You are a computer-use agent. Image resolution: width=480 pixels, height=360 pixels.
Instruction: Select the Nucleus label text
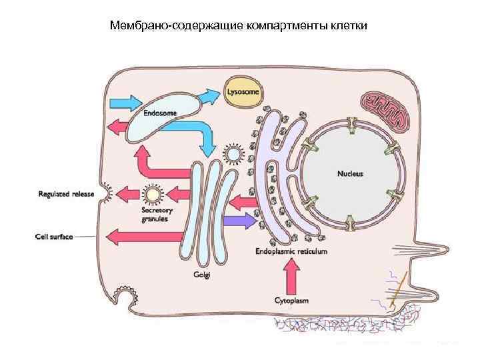point(350,173)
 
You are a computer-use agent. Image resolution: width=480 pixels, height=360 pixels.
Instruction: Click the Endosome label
point(161,113)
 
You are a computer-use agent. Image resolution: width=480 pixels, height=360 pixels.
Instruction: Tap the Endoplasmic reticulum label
point(291,252)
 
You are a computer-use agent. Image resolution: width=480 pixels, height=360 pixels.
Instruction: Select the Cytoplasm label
point(292,300)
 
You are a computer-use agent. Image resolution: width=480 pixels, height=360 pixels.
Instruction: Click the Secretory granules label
point(155,214)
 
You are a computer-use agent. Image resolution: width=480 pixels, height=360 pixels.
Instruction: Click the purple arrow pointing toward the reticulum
point(240,219)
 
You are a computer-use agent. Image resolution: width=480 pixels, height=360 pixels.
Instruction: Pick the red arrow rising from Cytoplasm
point(291,275)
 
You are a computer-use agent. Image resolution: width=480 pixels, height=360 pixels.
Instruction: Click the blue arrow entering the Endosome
point(126,102)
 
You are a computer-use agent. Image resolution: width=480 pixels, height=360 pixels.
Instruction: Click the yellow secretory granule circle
point(153,195)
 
